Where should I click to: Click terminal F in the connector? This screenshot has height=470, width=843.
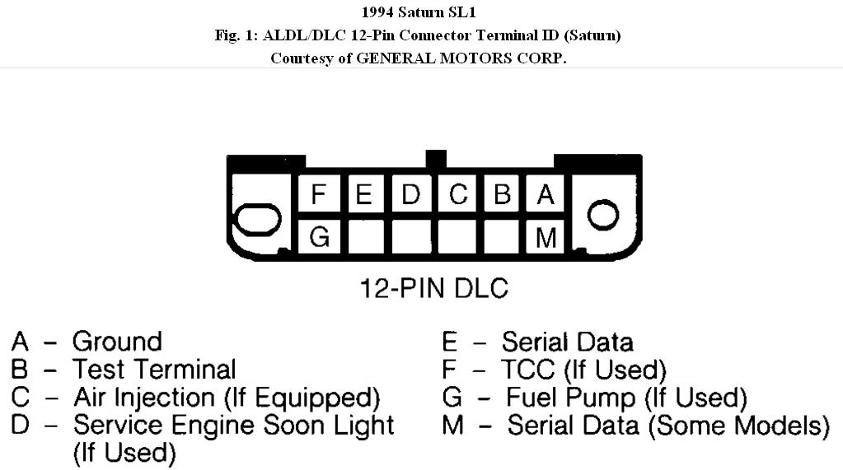coord(319,196)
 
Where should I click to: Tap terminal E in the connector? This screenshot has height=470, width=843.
coord(365,196)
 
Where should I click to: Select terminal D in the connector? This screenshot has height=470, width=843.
coord(411,196)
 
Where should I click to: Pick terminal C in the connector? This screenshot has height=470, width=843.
coord(457,196)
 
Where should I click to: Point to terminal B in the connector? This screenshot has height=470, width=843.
coord(502,196)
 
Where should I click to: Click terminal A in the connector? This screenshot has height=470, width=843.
coord(546,196)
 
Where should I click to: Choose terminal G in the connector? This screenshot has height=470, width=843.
coord(319,237)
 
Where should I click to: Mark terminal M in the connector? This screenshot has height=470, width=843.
coord(546,237)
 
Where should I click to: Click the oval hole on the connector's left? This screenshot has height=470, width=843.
coord(257,220)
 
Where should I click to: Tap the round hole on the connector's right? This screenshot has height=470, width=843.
coord(602,216)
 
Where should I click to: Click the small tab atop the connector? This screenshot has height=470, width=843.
coord(436,159)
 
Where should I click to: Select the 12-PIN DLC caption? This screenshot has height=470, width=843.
coord(433,289)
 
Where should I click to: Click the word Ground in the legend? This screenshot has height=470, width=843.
coord(117,342)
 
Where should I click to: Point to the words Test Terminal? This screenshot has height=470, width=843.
coord(154,370)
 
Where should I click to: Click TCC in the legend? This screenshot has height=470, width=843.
coord(527,370)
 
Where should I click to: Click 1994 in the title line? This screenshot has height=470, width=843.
coord(378,12)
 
